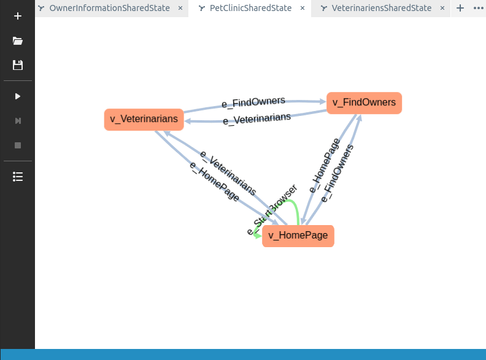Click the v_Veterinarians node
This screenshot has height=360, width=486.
coord(144,120)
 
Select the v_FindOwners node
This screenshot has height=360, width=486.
coord(364,103)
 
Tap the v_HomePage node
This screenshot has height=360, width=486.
coord(298,236)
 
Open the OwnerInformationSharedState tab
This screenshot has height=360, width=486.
coord(109,8)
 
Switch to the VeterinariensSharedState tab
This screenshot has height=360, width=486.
coord(382,8)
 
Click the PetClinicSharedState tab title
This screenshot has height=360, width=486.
coord(250,8)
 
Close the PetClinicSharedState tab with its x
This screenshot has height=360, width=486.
coord(303,8)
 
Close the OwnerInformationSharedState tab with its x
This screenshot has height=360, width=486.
coord(180,8)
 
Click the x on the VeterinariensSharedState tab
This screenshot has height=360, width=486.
coord(442,8)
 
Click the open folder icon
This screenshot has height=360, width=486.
coord(18,40)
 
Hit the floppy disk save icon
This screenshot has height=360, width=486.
coord(18,65)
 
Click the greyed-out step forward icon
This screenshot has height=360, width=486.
coord(18,121)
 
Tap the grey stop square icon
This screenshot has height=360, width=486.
coord(18,145)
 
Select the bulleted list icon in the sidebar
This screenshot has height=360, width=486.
coord(18,177)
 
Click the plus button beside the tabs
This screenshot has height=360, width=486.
coord(460,8)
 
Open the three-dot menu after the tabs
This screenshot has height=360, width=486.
coord(478,8)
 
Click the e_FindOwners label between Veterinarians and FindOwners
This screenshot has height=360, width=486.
coord(253,102)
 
